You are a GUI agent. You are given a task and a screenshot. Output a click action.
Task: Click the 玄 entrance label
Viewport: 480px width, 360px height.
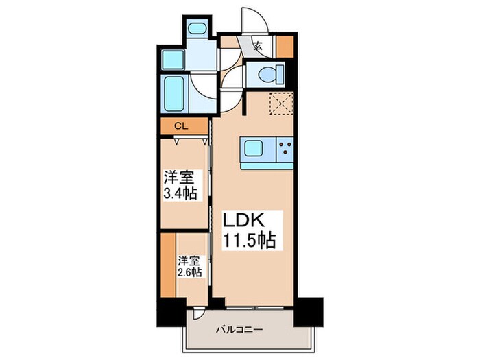pos(258,47)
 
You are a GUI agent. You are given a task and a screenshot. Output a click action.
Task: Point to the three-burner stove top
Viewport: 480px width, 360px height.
pos(285,147)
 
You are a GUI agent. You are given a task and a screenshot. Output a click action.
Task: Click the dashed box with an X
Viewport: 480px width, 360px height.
pos(280,105)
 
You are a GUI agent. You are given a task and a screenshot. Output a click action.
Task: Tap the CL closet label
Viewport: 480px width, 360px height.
pos(180,126)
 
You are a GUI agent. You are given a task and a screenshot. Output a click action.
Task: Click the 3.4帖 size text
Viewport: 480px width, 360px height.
pos(181,193)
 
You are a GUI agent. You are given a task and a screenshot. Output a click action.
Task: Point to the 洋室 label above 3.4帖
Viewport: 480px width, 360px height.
pos(177,176)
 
